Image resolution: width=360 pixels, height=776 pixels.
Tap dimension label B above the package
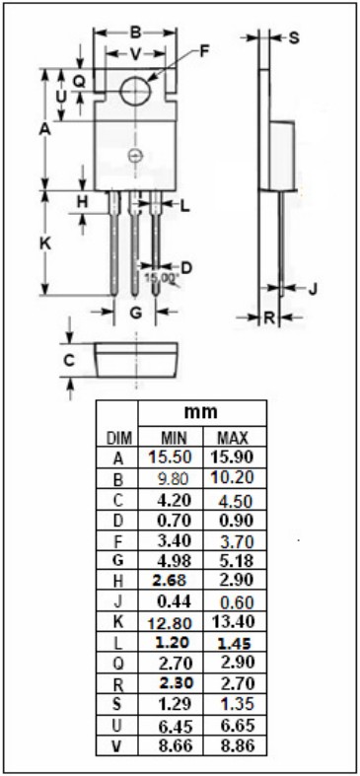135,34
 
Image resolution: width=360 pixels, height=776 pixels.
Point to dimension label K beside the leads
45,244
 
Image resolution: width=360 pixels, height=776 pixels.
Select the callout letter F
204,51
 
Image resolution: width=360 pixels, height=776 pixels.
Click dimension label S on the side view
294,38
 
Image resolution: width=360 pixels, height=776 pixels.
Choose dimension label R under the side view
269,318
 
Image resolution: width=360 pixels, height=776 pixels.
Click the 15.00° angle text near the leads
161,278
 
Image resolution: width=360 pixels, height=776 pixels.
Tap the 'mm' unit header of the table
201,412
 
